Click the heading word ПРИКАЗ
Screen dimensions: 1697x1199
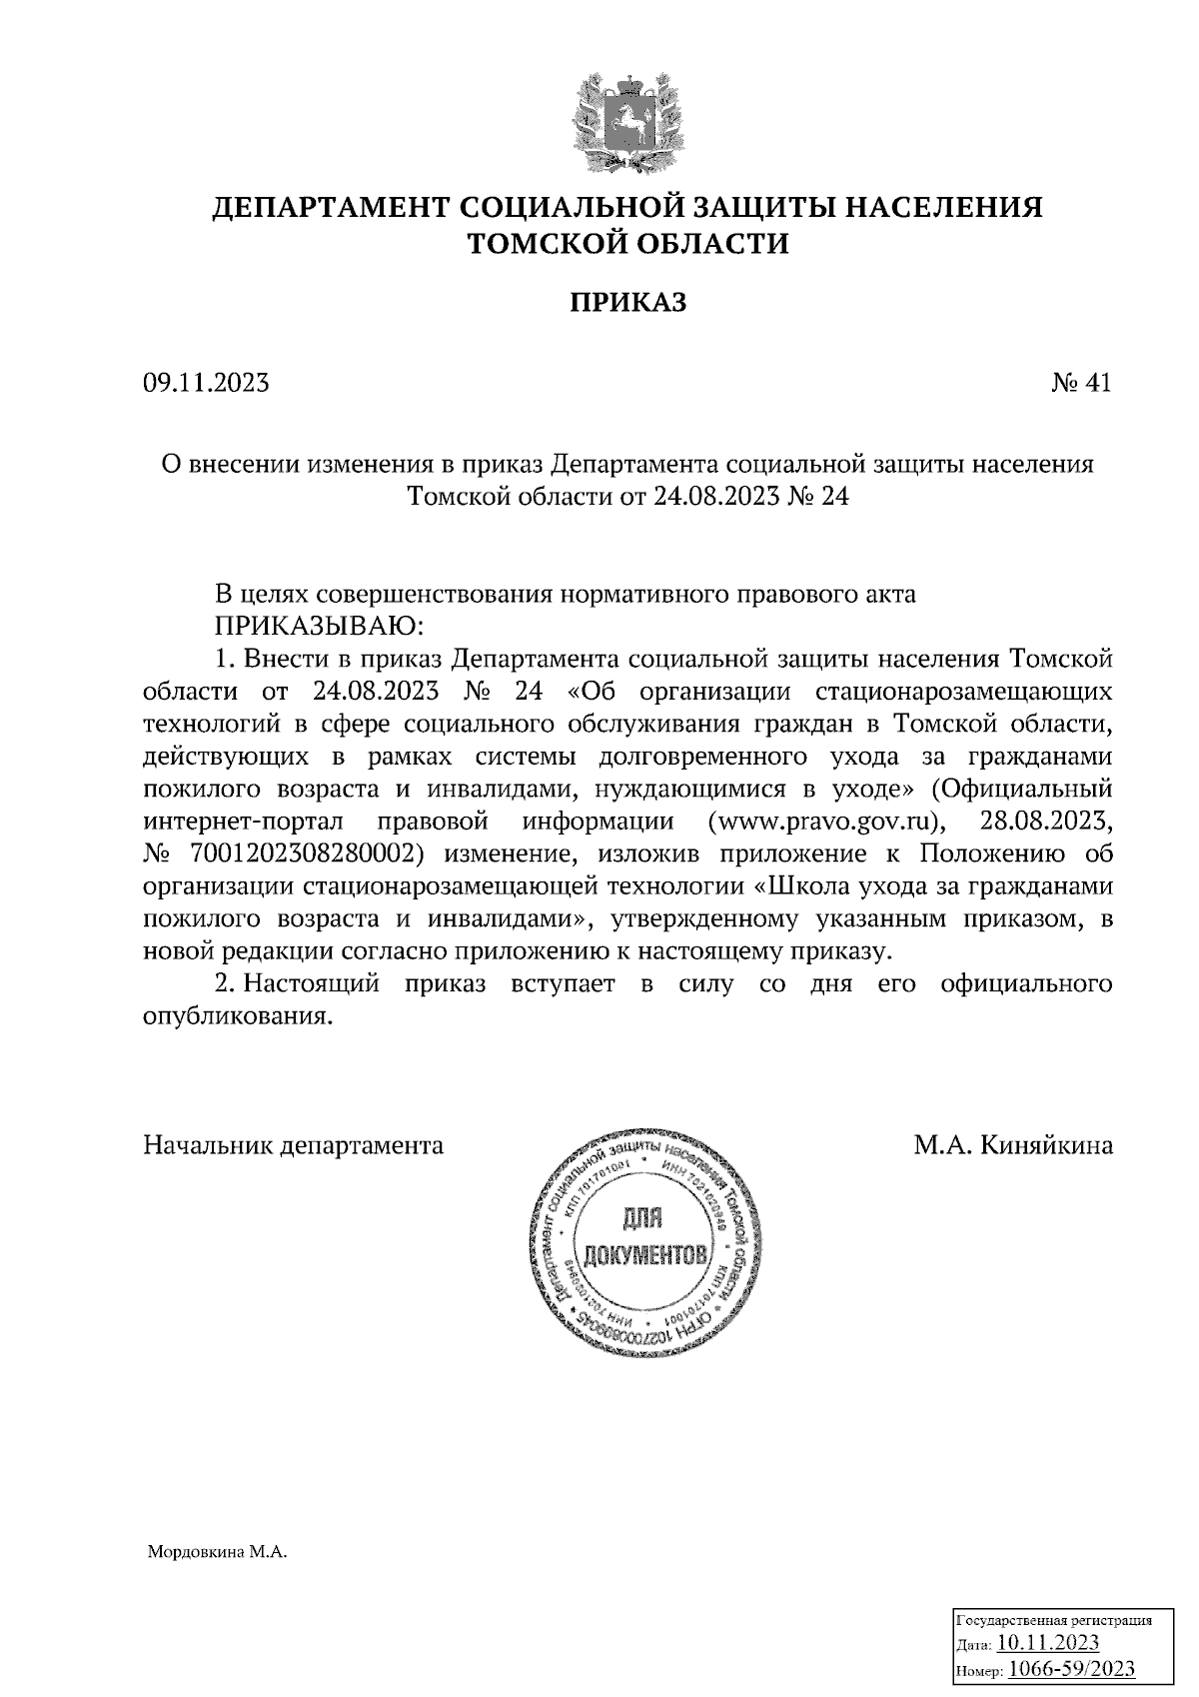(x=627, y=303)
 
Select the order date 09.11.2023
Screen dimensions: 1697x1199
(x=206, y=383)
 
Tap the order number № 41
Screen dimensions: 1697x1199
(x=1081, y=383)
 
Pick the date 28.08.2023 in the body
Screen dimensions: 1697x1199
(x=1047, y=822)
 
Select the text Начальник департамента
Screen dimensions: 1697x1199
(x=294, y=1145)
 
